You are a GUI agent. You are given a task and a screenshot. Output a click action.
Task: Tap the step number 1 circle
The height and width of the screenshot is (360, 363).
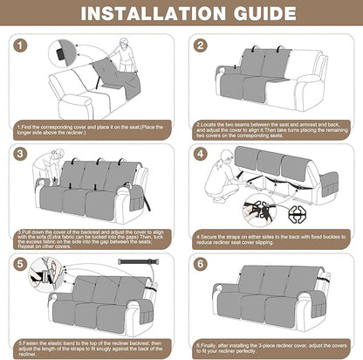(x=21, y=46)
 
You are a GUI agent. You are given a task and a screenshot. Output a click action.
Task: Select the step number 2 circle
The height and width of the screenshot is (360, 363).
(x=201, y=46)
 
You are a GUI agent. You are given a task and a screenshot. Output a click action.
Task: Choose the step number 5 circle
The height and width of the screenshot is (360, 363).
(x=21, y=262)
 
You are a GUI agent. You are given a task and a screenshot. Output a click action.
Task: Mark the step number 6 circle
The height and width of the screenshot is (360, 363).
(x=201, y=262)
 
